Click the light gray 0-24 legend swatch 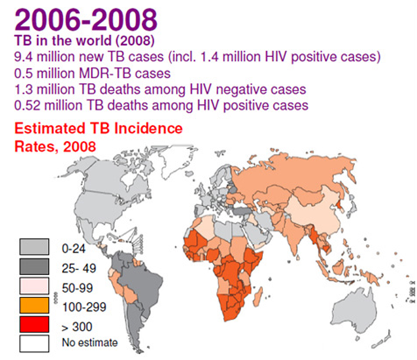click(35, 247)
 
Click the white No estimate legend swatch click(35, 343)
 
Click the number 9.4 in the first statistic click(24, 57)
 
